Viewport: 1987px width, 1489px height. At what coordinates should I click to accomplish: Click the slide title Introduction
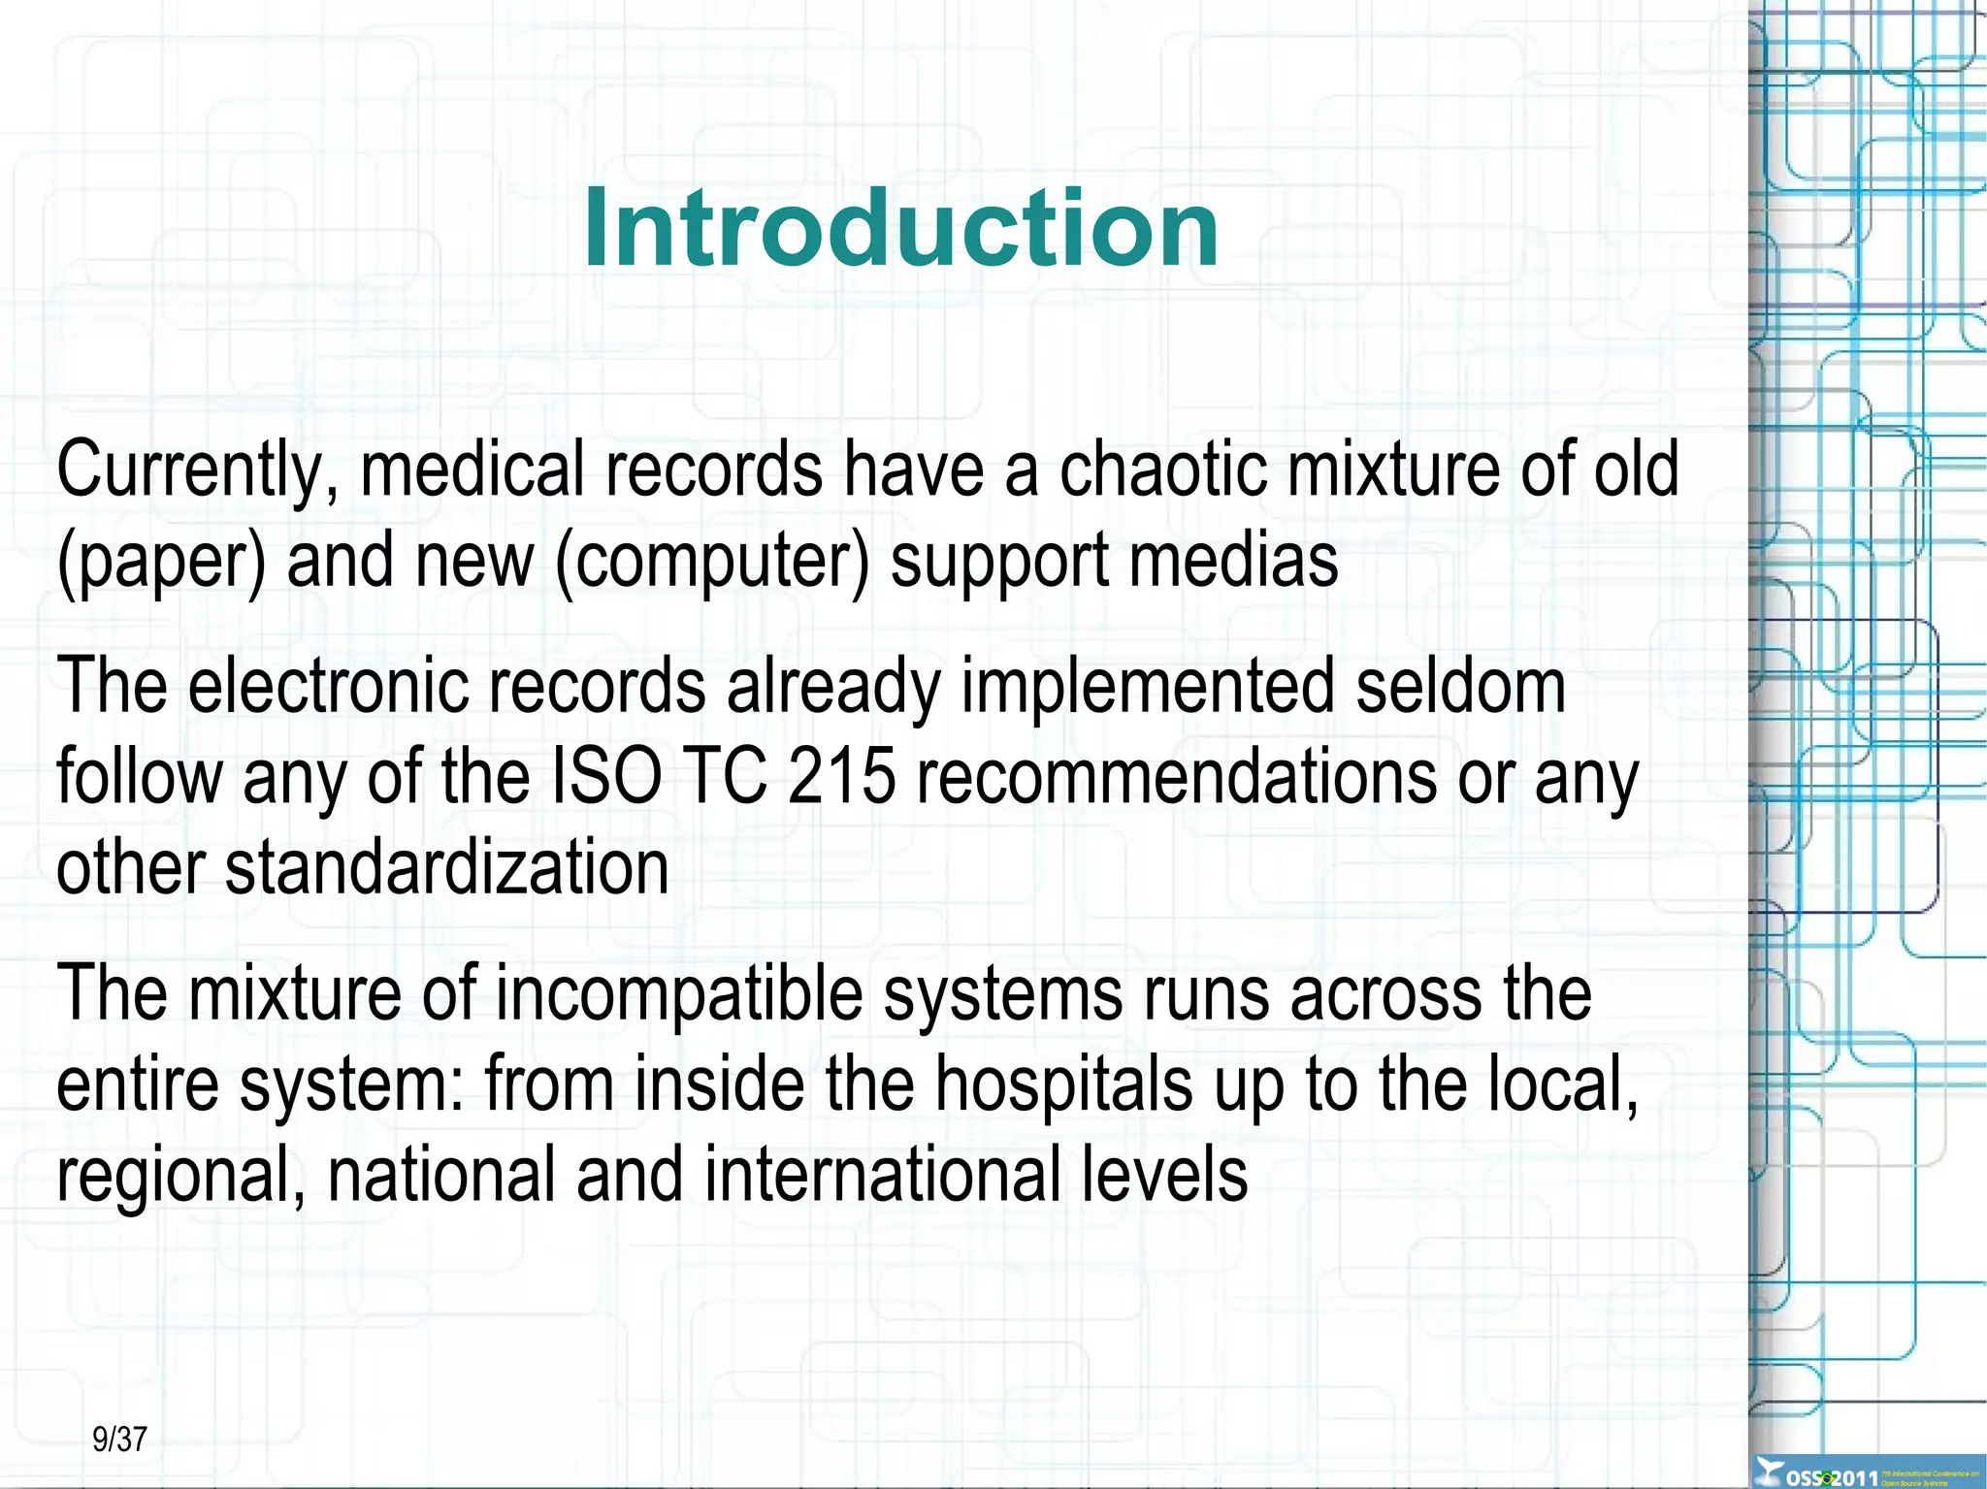tap(900, 228)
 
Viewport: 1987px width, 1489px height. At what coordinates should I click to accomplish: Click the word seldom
tap(1460, 686)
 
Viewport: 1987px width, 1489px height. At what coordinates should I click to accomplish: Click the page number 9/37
tap(119, 1439)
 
